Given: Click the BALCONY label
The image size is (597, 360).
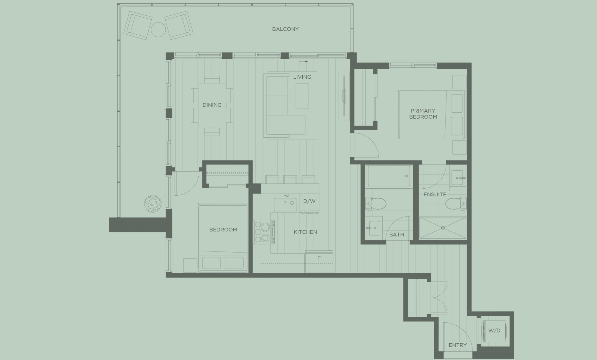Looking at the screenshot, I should (285, 29).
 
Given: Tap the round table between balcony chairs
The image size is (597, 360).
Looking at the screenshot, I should (158, 30).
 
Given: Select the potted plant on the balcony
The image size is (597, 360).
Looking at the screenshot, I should (153, 203).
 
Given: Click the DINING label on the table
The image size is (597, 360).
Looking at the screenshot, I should (212, 105).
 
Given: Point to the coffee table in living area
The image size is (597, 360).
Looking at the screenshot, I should (302, 96).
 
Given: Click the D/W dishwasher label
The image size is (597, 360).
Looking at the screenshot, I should (309, 201).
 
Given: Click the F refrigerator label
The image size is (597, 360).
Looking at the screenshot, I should (319, 258).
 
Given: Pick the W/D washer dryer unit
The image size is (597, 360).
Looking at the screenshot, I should (494, 331).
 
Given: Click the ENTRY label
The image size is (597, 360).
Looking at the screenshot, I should (457, 345).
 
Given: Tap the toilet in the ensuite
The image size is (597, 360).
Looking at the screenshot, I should (455, 203).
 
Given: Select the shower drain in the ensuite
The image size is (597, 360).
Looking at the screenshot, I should (443, 228).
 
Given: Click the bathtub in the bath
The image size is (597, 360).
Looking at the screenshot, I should (389, 176).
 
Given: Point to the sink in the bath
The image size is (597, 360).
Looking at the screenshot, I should (374, 228).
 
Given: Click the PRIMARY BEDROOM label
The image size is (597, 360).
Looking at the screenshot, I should (423, 114).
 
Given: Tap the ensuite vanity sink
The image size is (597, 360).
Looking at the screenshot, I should (457, 177).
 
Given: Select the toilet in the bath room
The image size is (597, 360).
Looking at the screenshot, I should (376, 203).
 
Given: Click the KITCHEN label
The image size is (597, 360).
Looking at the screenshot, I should (305, 232).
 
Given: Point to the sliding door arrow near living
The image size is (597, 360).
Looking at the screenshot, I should (304, 62).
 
